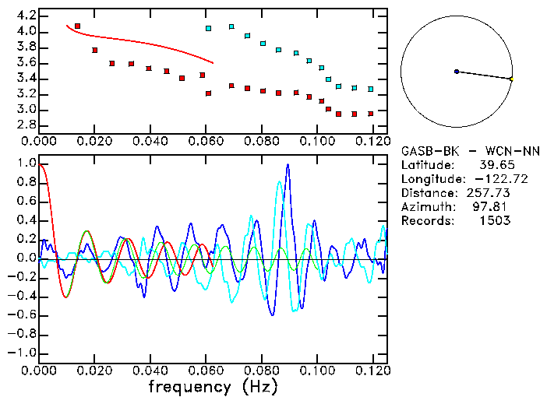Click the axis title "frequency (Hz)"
point(212,386)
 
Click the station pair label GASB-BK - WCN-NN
point(470,150)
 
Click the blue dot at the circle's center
point(457,72)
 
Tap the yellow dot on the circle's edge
point(511,79)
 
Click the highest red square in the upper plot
point(77,26)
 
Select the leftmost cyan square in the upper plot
point(208,29)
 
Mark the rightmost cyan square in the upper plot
point(371,90)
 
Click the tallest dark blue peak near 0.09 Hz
point(288,164)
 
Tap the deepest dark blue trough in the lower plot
point(272,314)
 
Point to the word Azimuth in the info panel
point(425,207)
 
